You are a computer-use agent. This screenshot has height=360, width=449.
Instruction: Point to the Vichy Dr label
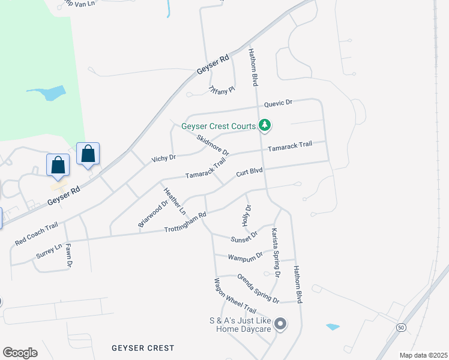(163, 158)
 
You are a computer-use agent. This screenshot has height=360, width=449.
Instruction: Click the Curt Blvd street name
(249, 172)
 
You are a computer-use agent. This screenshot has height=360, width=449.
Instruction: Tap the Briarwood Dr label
(152, 214)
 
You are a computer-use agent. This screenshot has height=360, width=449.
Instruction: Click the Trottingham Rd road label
(185, 222)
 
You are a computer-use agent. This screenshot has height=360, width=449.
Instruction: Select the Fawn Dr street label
(69, 254)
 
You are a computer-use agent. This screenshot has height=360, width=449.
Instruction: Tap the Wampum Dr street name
(246, 256)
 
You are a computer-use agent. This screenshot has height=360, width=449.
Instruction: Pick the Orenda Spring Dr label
(258, 288)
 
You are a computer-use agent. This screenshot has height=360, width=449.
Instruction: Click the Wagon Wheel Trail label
(236, 296)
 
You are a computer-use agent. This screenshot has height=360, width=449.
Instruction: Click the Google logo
(20, 352)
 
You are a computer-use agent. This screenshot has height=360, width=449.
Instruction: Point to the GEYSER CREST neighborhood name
(143, 348)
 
